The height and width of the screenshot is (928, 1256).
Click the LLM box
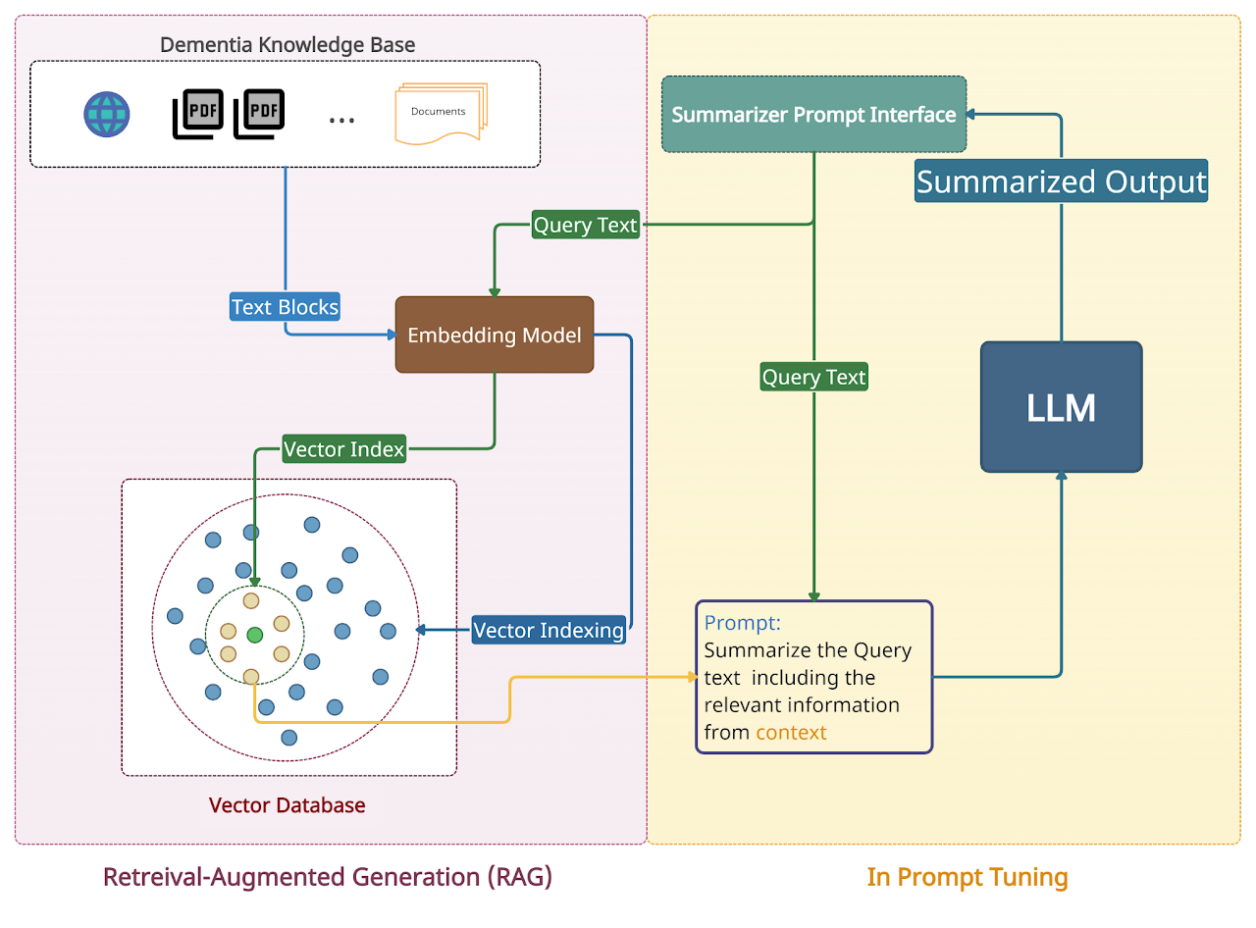(1061, 407)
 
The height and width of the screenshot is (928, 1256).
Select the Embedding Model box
(495, 335)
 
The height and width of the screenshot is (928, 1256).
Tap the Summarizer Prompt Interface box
(813, 115)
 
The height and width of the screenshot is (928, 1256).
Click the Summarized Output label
(1061, 182)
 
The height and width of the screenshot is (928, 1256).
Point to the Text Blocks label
(285, 307)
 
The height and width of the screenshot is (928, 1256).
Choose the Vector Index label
(343, 449)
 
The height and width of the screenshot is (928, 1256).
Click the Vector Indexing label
(549, 630)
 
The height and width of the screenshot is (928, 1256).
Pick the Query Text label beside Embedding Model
(585, 226)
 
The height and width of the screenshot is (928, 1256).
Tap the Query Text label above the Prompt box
(813, 377)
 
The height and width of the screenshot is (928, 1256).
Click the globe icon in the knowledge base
(106, 114)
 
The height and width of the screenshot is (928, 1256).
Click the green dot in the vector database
(255, 635)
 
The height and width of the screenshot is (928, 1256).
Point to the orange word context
(791, 732)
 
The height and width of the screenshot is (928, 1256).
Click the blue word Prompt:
(743, 623)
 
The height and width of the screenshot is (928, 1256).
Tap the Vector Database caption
(287, 805)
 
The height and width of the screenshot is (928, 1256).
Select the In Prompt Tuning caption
(968, 876)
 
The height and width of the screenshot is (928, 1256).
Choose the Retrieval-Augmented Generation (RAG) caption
(328, 876)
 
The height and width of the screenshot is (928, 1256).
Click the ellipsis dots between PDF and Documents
(341, 120)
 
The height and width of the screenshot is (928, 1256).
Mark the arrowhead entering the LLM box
(1061, 476)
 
